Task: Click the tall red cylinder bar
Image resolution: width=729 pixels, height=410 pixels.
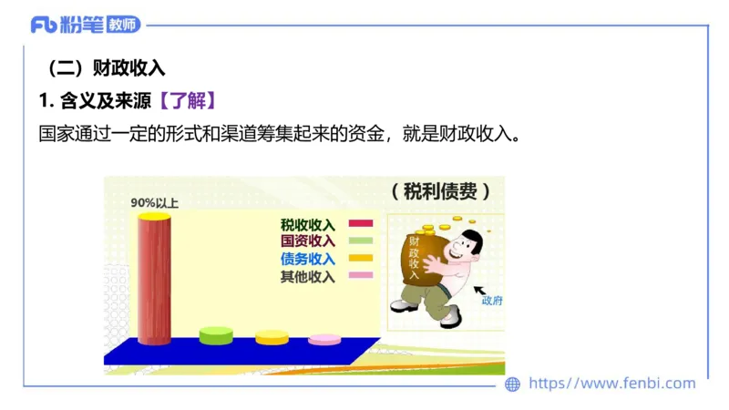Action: click(154, 278)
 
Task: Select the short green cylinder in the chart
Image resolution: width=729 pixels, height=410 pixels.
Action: click(216, 335)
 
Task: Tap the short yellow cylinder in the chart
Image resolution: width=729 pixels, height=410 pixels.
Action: click(272, 337)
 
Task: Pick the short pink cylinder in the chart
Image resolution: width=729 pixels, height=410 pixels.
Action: click(324, 340)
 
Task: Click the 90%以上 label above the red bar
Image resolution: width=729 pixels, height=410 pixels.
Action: click(154, 202)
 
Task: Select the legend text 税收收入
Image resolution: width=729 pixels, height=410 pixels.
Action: click(308, 224)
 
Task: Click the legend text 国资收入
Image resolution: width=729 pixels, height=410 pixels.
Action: click(308, 241)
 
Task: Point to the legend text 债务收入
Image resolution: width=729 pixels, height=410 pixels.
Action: click(308, 259)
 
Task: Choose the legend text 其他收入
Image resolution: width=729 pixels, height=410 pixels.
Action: click(308, 276)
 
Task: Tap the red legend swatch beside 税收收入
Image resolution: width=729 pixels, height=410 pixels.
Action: click(361, 224)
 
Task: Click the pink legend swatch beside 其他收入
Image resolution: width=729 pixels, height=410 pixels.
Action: click(361, 276)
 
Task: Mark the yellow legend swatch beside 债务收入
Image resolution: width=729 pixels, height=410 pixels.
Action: click(361, 259)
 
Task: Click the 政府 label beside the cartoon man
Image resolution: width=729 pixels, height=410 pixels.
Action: click(492, 301)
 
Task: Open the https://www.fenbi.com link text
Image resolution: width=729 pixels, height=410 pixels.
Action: click(611, 384)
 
